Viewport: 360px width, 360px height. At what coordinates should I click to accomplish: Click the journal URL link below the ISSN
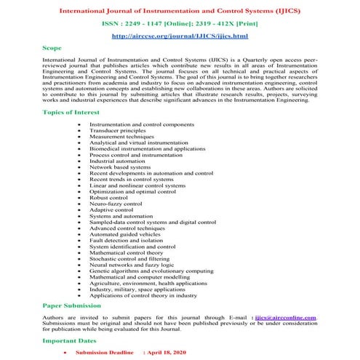(x=180, y=36)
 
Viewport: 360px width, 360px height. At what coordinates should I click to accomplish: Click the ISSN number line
(x=180, y=22)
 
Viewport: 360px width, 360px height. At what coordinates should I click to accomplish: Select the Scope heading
(x=52, y=48)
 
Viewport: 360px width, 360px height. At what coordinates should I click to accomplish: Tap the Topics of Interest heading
(x=73, y=114)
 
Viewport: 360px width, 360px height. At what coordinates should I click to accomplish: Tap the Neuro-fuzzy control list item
(x=116, y=204)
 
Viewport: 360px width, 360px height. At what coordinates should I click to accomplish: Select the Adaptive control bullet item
(x=113, y=212)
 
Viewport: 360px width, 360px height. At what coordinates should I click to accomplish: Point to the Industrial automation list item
(x=118, y=160)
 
